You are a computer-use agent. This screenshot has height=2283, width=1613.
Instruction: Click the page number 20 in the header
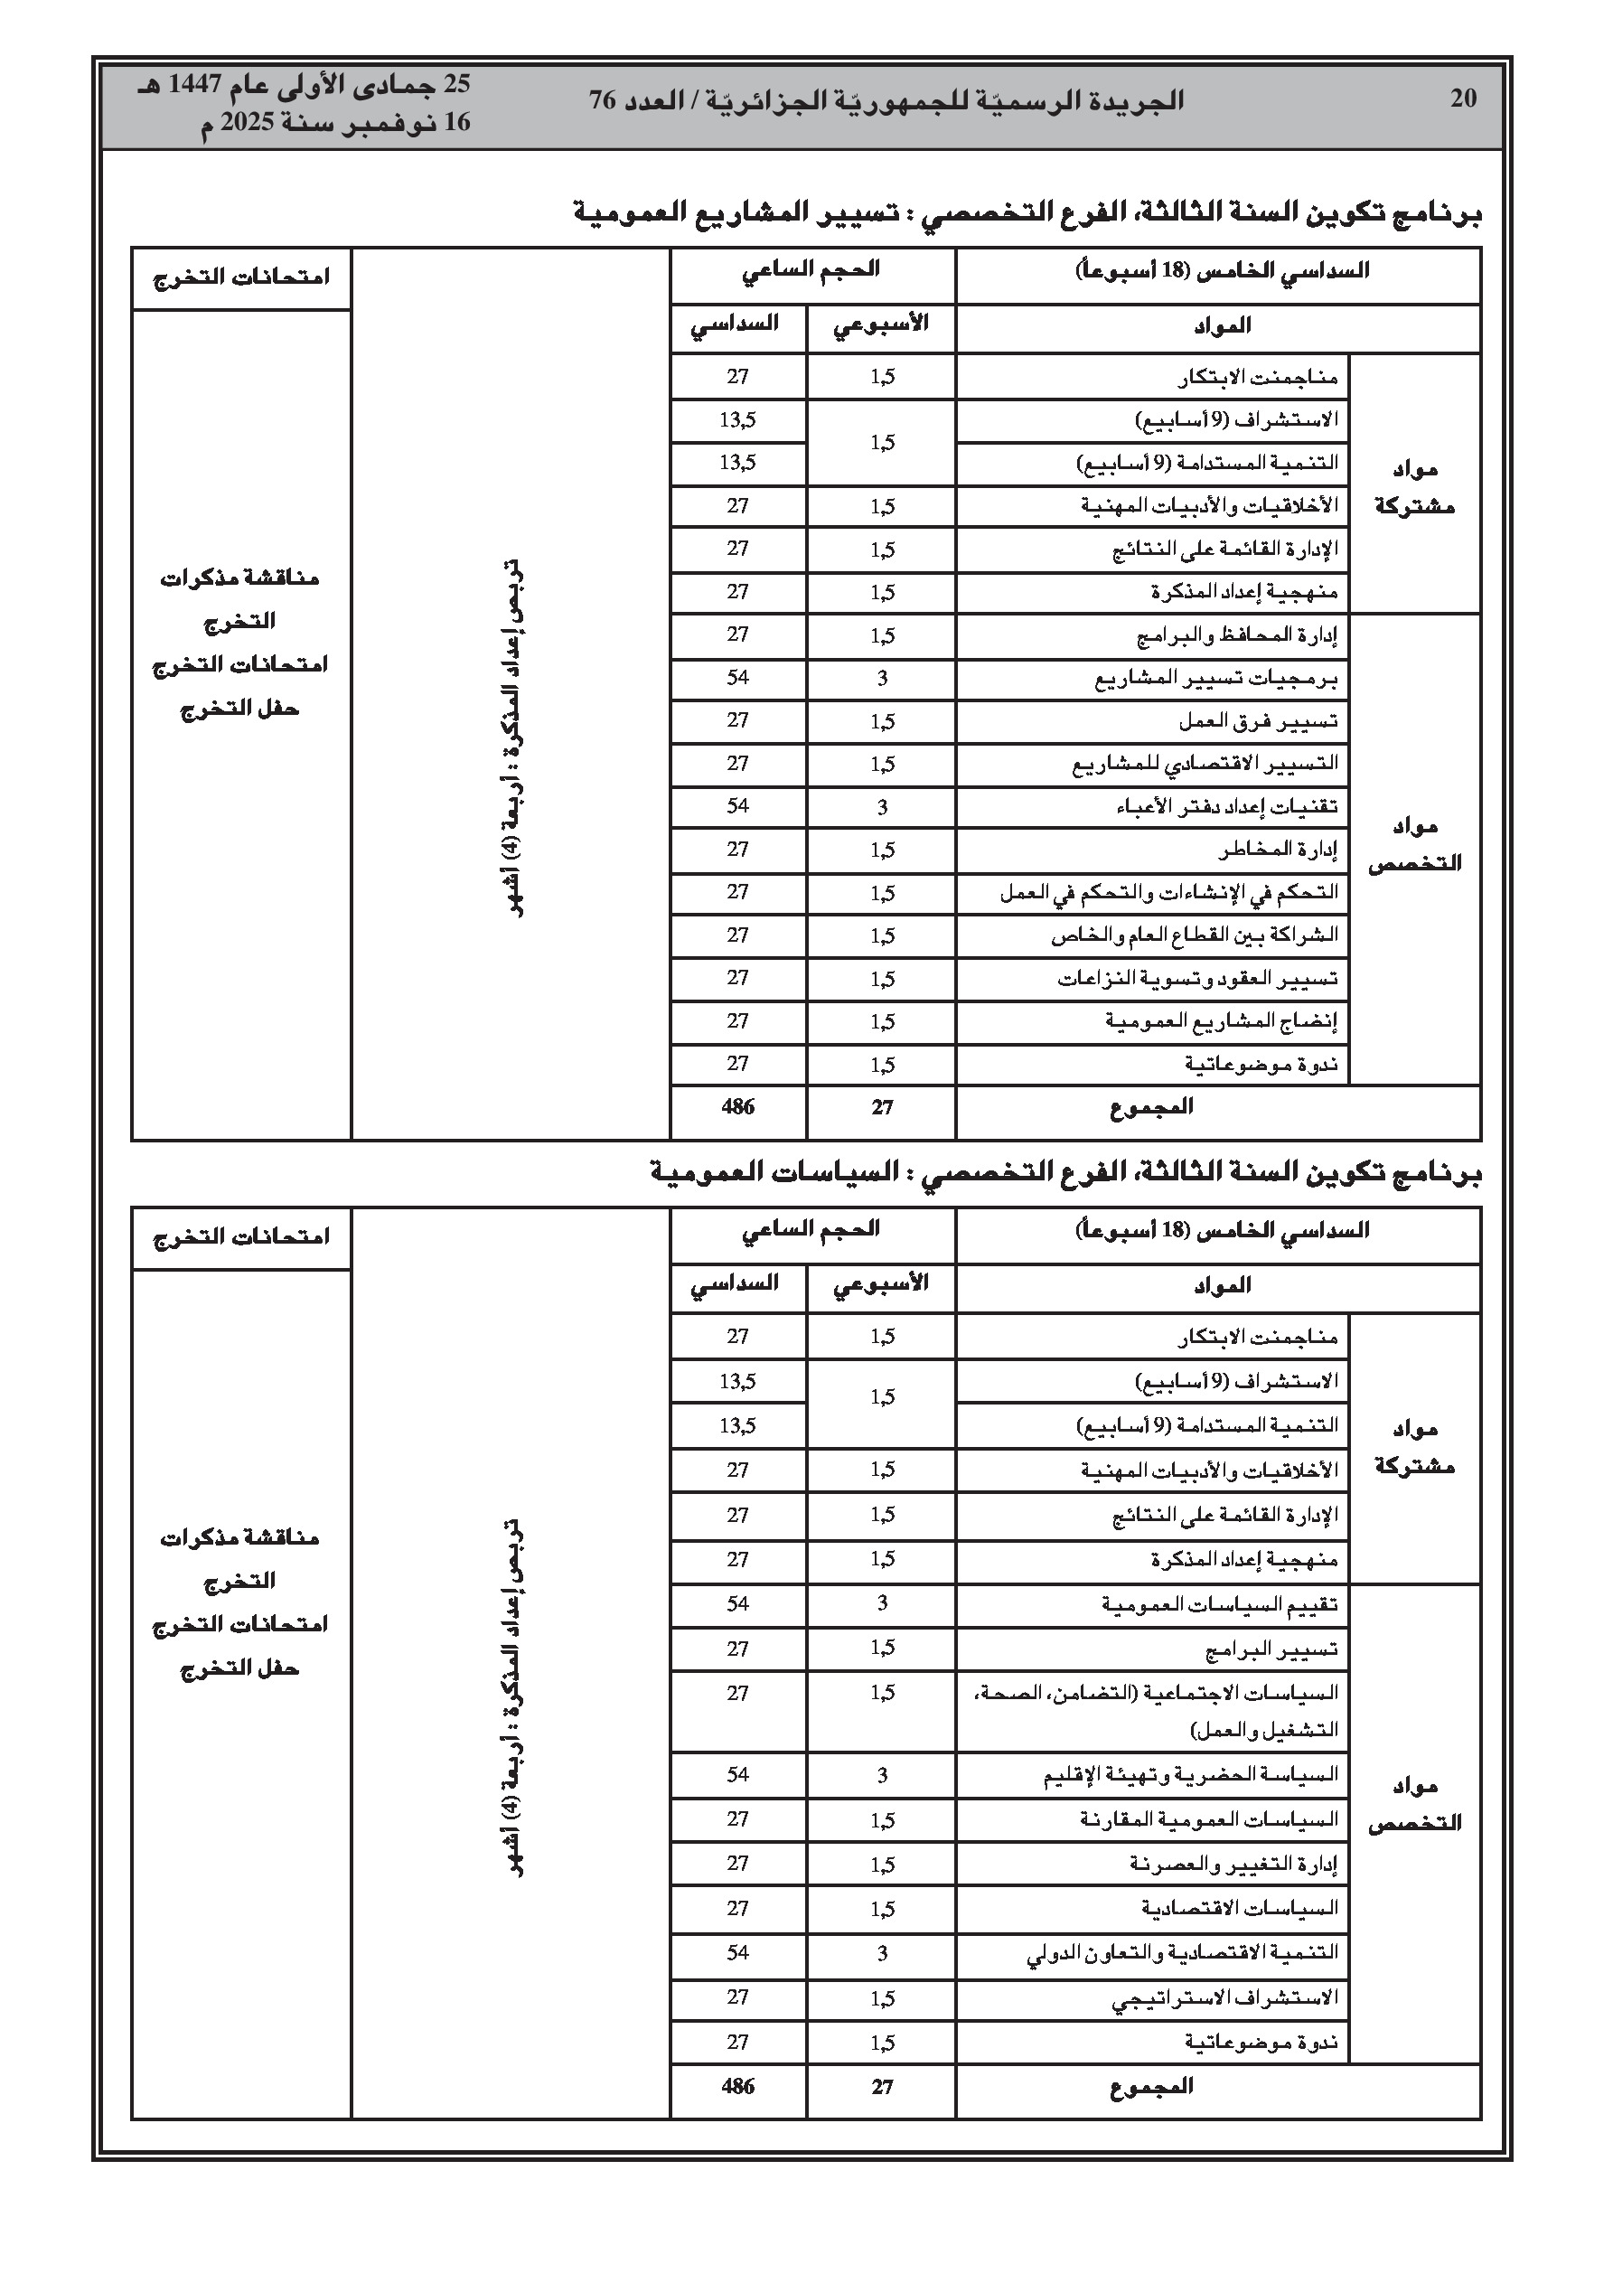(1463, 99)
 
